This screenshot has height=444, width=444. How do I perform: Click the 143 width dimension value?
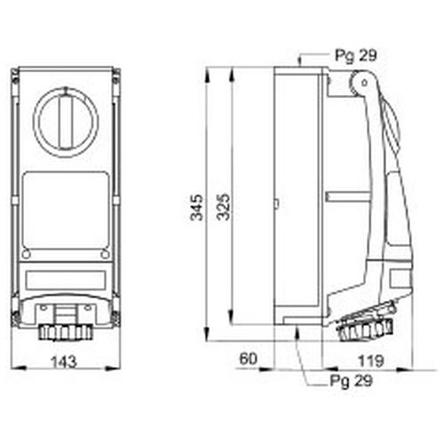click(x=64, y=362)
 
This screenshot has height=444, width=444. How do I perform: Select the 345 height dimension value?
click(x=197, y=208)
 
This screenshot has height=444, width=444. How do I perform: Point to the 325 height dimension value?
click(x=223, y=207)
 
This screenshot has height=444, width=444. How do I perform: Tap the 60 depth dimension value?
click(x=249, y=359)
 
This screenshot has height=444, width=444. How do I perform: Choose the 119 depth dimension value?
click(x=371, y=361)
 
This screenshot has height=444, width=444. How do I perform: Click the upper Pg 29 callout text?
click(x=356, y=55)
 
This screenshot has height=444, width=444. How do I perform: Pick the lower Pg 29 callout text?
click(x=352, y=381)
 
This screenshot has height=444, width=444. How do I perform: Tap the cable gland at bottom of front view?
click(x=66, y=332)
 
